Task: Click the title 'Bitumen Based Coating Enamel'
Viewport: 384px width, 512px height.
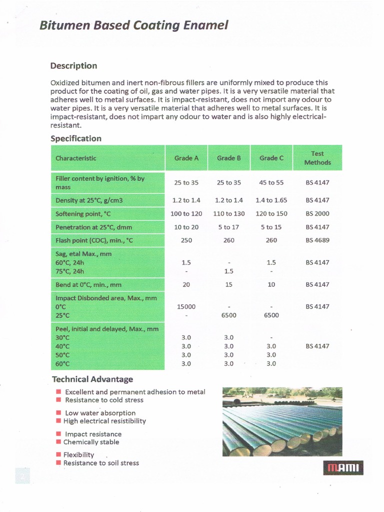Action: tap(133, 25)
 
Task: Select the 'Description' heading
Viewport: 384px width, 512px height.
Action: tap(73, 66)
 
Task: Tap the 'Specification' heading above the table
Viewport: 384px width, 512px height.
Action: tap(75, 138)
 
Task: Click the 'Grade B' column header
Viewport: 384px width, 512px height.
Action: tap(228, 158)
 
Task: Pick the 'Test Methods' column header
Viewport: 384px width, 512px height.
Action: tap(317, 158)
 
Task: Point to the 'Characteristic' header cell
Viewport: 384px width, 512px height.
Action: tap(76, 158)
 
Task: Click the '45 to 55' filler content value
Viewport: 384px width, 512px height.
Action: tap(271, 182)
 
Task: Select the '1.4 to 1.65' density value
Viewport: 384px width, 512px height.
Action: tap(271, 200)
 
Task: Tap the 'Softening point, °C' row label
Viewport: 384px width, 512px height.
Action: tap(83, 214)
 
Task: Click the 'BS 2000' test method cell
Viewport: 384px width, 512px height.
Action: tap(317, 213)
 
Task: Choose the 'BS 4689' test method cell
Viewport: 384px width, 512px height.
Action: tap(317, 240)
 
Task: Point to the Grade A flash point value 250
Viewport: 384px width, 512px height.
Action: tap(186, 240)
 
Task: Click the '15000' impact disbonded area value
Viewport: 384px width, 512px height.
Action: tap(186, 306)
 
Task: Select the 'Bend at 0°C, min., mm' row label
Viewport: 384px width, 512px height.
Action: tap(87, 285)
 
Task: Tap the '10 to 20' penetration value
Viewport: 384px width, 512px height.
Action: tap(186, 227)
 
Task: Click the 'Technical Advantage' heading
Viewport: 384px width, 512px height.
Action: tap(92, 379)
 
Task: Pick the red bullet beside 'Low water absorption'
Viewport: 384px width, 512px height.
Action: tap(58, 413)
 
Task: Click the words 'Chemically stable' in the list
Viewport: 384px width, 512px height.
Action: tap(91, 442)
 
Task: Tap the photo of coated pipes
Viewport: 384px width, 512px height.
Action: tap(282, 421)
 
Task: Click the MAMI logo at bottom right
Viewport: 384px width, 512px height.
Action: tap(344, 468)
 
